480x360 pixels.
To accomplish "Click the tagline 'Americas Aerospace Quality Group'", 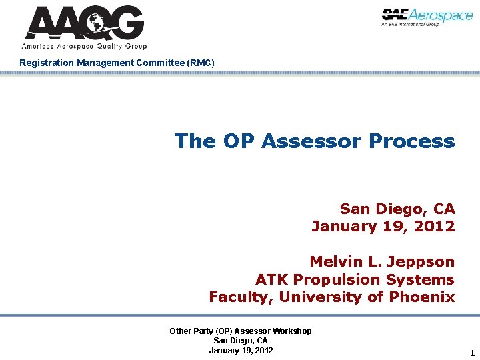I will coord(84,47).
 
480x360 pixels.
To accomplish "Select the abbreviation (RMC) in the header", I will coord(201,63).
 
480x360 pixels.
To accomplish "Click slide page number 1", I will coord(472,353).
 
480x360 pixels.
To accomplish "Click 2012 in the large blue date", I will coord(433,226).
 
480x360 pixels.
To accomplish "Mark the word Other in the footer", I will coord(181,331).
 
